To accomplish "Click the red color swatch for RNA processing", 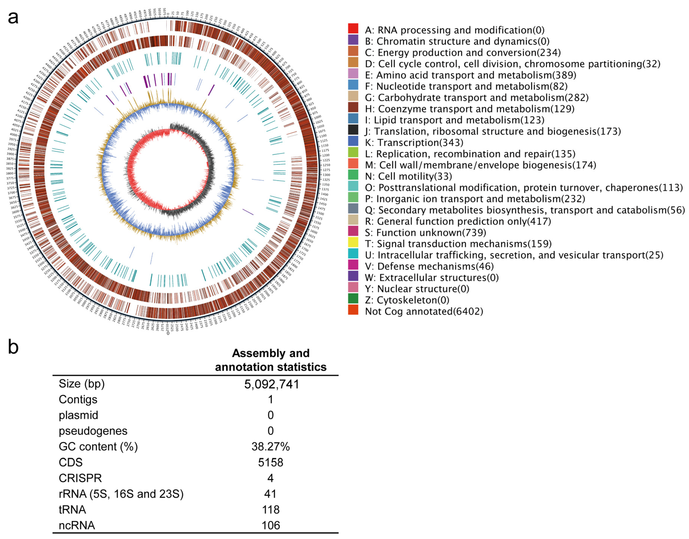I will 353,29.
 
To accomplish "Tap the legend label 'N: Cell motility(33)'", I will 408,176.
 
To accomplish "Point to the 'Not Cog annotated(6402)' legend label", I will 424,312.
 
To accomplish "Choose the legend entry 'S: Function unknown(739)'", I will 425,233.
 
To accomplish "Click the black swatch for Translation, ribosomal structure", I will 353,130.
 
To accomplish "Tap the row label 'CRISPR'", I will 80,478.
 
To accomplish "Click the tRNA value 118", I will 271,510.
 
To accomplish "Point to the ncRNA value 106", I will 271,525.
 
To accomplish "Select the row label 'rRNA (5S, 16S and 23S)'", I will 121,494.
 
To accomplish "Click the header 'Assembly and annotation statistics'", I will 271,360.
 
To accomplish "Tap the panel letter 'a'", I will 13,18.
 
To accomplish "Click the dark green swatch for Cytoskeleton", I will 353,299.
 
